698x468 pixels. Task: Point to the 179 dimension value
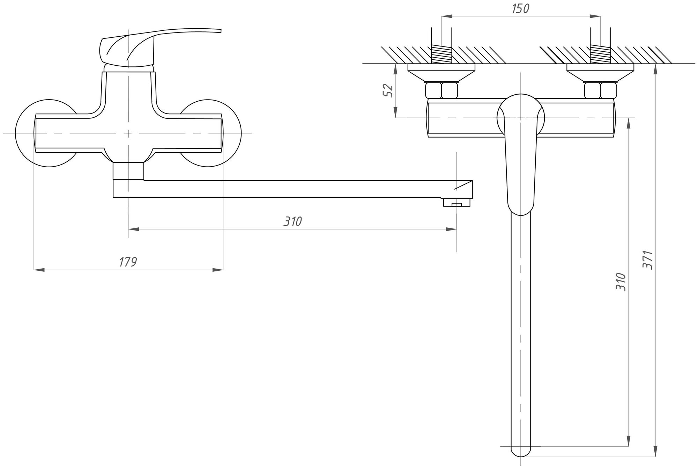[x=128, y=262]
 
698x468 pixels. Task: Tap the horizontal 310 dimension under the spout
[x=292, y=221]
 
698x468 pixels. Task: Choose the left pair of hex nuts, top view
[x=441, y=90]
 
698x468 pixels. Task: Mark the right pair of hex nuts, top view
[x=600, y=90]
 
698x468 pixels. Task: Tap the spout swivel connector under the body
[x=128, y=171]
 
